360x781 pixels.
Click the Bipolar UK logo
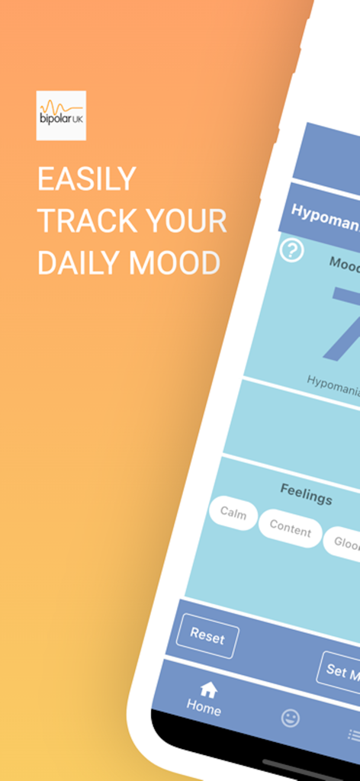(x=61, y=115)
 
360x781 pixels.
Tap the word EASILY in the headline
(x=87, y=180)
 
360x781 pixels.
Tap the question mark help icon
(x=291, y=249)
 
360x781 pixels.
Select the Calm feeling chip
(x=233, y=513)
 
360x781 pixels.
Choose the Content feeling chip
(x=290, y=529)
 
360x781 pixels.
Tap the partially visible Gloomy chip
(x=342, y=542)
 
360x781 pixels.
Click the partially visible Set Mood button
(x=340, y=671)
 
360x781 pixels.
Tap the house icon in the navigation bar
(x=208, y=689)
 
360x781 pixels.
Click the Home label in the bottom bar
(x=204, y=708)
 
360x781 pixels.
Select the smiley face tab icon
(x=290, y=718)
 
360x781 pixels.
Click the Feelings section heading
(x=306, y=496)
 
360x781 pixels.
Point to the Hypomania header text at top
(x=325, y=215)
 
